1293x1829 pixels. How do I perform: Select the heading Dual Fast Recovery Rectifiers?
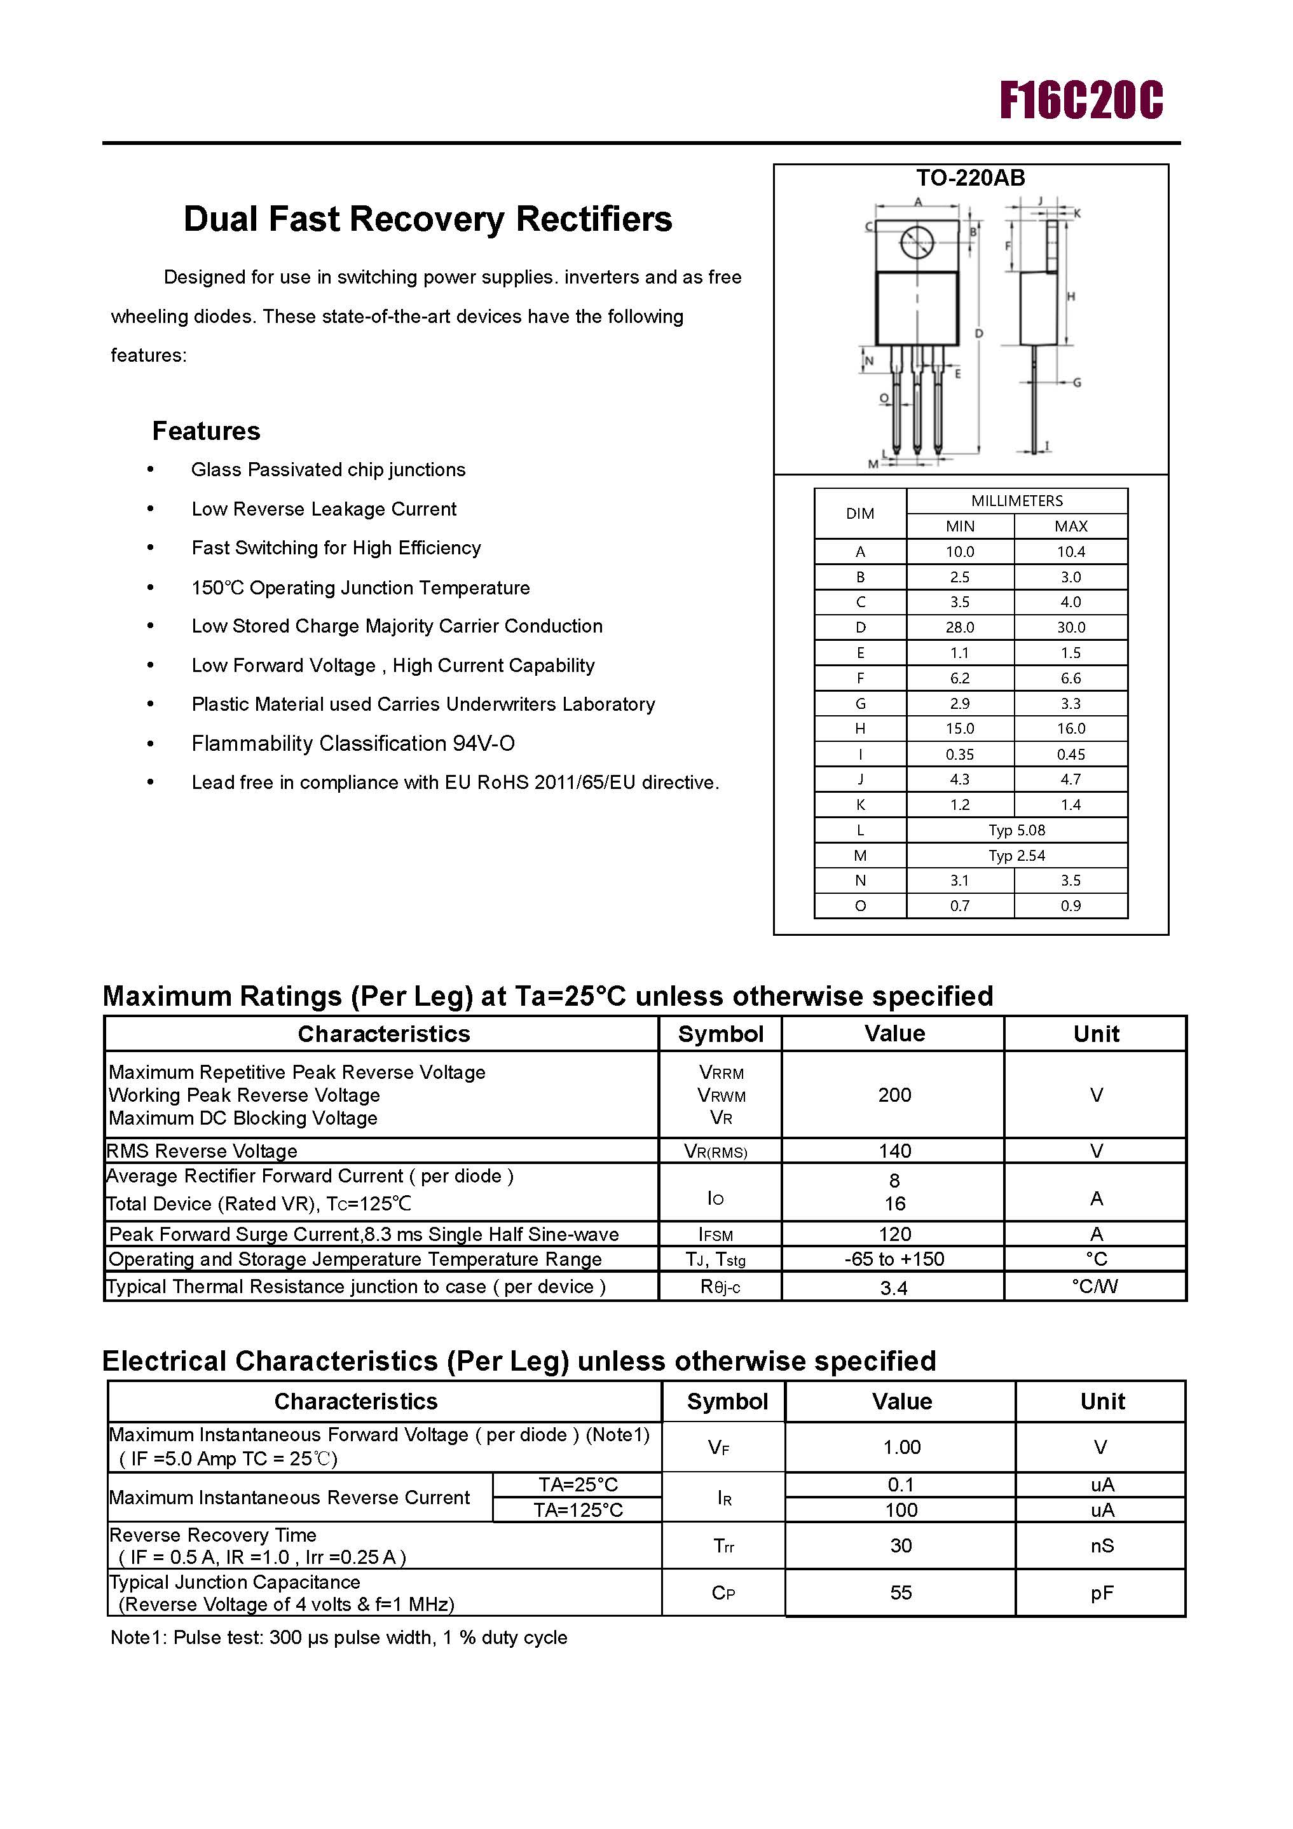[427, 219]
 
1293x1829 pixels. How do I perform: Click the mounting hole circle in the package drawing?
[916, 242]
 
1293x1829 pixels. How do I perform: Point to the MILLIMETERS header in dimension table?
[1016, 500]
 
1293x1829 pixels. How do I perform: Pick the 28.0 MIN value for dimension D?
[959, 627]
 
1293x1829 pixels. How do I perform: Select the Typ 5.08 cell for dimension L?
[1016, 830]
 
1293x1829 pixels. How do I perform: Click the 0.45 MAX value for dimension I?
[1070, 753]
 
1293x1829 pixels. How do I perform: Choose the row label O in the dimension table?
[859, 906]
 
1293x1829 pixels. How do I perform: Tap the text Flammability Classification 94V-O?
[353, 743]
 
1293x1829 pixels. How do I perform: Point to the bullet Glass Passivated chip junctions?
[327, 469]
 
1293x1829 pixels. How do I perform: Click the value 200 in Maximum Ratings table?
[894, 1095]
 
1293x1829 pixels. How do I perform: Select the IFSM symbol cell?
[715, 1234]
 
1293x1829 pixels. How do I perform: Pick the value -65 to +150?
[894, 1259]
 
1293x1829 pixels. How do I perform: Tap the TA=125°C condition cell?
[578, 1510]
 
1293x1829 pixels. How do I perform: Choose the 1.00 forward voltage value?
[901, 1447]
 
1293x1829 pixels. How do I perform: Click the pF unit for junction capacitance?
[1101, 1593]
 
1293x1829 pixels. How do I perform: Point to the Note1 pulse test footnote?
[339, 1637]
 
